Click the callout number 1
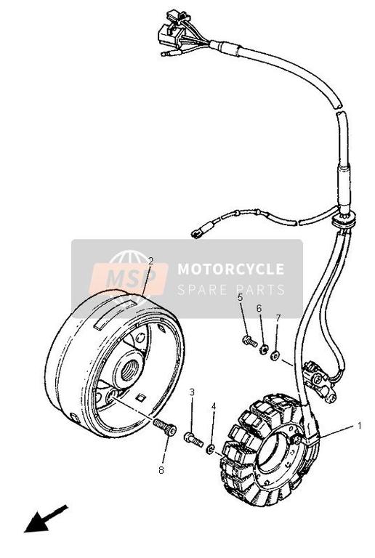[x=360, y=425]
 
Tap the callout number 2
[x=150, y=261]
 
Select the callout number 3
[x=192, y=392]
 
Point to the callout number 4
[x=214, y=406]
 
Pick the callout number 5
[x=240, y=297]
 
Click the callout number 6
[x=259, y=308]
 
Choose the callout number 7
[x=278, y=318]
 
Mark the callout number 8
[x=161, y=471]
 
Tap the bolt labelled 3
[x=193, y=439]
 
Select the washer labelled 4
[x=210, y=450]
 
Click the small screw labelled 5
[x=250, y=341]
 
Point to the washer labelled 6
[x=264, y=349]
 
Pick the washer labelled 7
[x=275, y=355]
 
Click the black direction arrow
[x=45, y=519]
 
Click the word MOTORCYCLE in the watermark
[x=231, y=269]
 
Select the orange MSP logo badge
[x=129, y=278]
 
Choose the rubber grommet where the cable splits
[x=344, y=219]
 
